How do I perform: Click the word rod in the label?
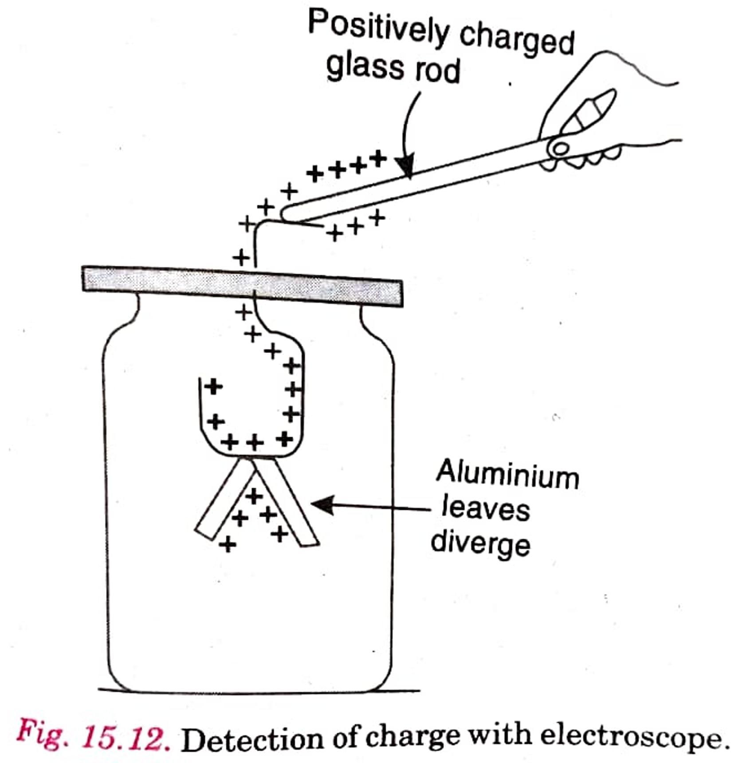click(x=437, y=71)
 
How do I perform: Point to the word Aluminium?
click(x=508, y=475)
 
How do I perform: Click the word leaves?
click(x=486, y=509)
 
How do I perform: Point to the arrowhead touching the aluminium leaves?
click(x=322, y=505)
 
